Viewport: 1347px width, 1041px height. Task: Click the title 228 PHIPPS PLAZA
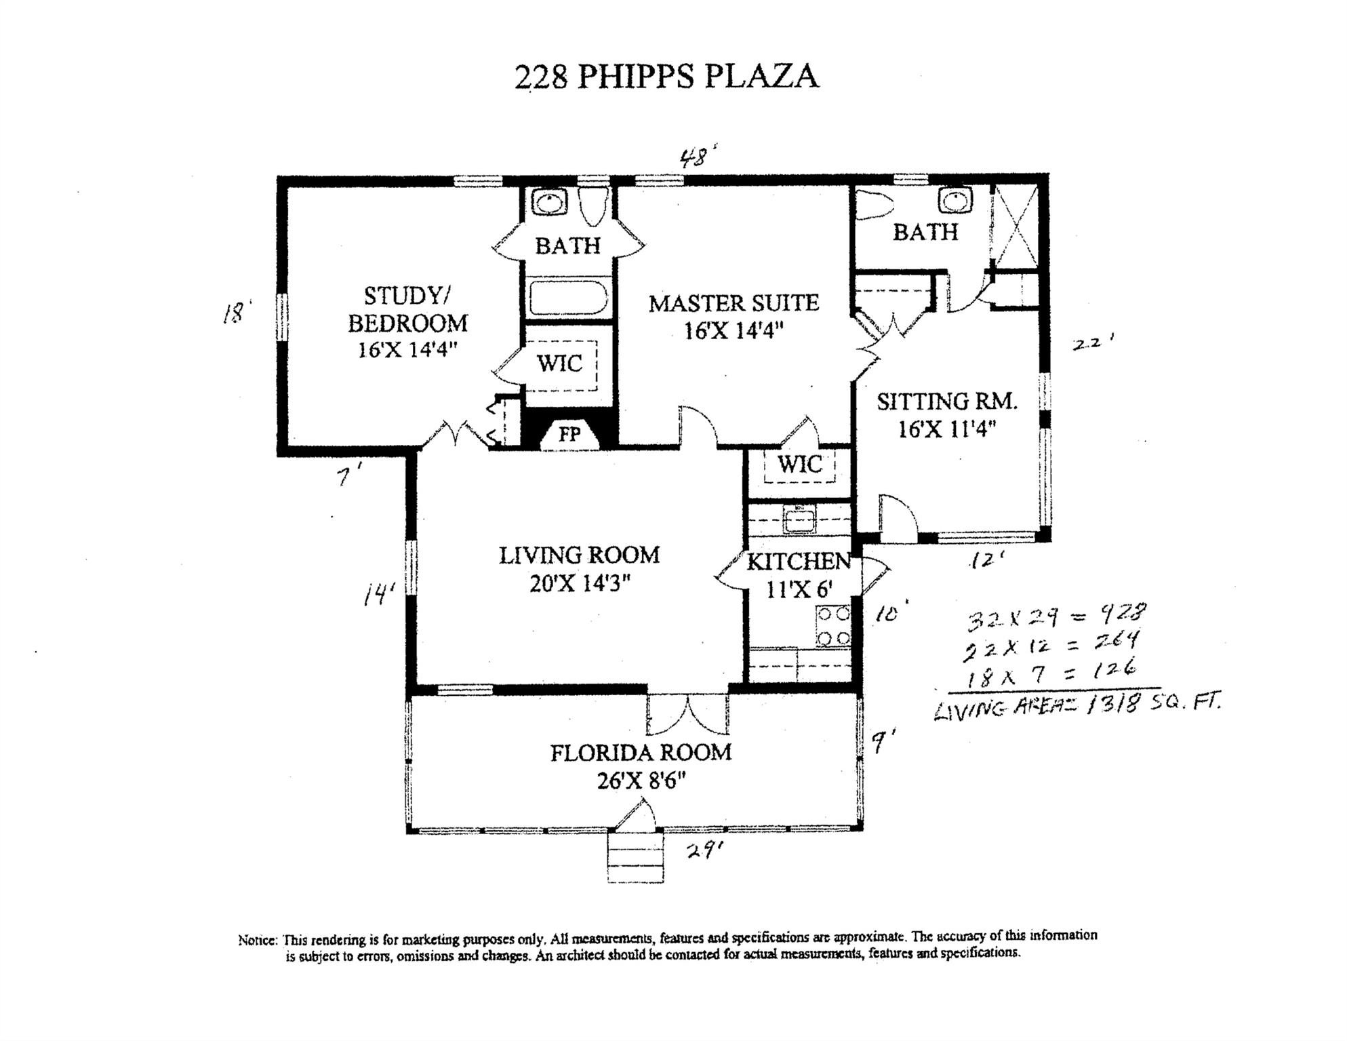tap(666, 76)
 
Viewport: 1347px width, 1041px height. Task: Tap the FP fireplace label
tap(569, 434)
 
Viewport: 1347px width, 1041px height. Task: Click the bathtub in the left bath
tap(569, 298)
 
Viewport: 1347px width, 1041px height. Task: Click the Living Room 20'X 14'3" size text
tap(580, 583)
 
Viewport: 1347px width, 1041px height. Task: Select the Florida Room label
tap(641, 753)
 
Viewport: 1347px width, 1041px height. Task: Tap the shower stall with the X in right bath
tap(1015, 225)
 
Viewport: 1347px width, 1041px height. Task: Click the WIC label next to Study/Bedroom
tap(560, 364)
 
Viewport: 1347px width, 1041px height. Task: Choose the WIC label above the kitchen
tap(800, 465)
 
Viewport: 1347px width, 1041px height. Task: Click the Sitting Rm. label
tap(947, 401)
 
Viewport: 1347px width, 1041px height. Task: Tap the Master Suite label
tap(733, 303)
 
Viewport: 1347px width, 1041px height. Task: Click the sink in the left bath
tap(548, 202)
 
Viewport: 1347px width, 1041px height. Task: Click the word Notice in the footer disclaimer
tap(258, 941)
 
